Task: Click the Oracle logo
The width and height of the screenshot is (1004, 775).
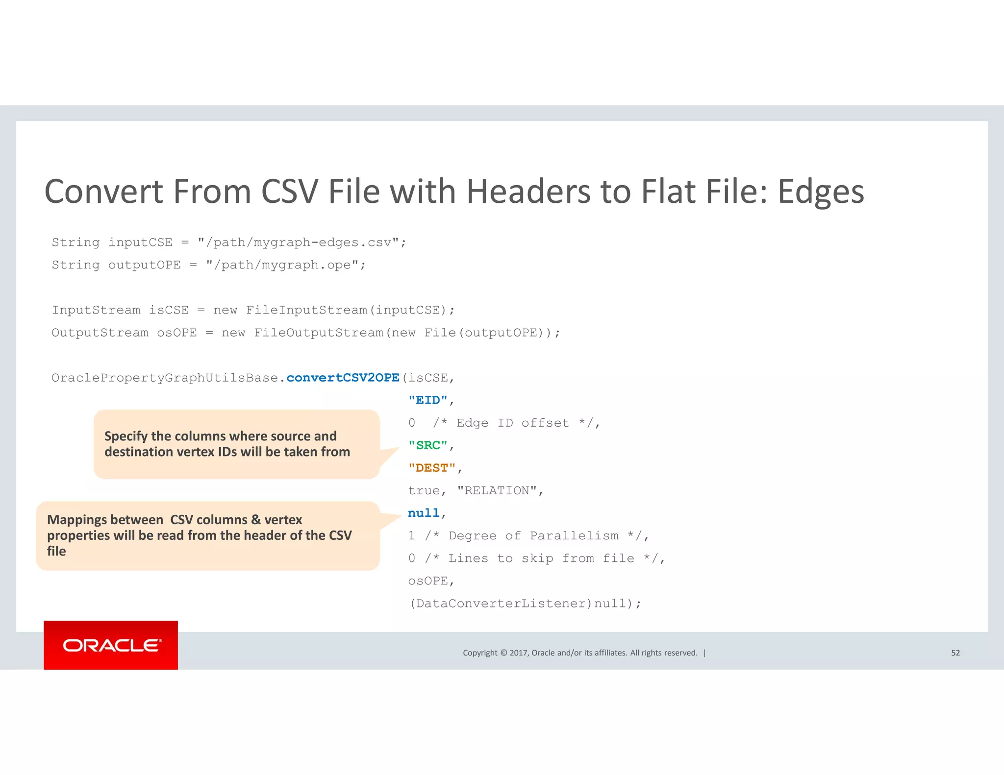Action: point(111,645)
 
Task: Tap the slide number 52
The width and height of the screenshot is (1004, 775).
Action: point(955,653)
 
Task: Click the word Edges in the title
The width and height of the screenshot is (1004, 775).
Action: point(821,192)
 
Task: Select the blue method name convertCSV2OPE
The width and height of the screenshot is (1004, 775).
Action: point(343,378)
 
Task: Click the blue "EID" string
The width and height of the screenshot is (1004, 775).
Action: point(428,400)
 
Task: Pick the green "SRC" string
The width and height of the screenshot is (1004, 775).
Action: point(428,445)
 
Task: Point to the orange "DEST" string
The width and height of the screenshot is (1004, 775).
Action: point(432,468)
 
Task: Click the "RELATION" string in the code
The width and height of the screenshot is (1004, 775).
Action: point(497,490)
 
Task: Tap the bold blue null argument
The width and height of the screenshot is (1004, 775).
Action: point(424,513)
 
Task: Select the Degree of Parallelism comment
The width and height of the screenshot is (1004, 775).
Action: point(534,535)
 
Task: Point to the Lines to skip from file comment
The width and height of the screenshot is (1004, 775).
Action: point(542,558)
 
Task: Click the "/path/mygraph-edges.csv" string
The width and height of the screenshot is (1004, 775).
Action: point(299,242)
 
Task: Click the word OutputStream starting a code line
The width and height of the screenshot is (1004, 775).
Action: point(100,333)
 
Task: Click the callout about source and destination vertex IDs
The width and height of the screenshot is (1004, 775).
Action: point(236,444)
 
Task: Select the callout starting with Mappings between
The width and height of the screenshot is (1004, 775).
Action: point(208,535)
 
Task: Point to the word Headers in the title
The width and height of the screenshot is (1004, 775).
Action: point(528,192)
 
